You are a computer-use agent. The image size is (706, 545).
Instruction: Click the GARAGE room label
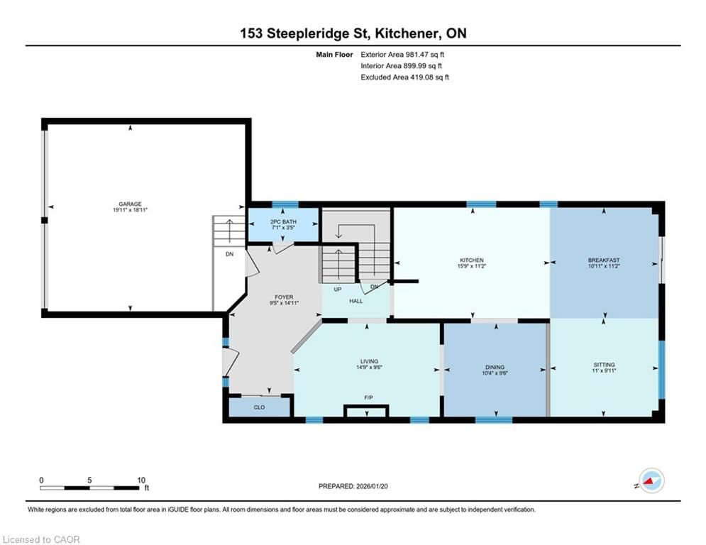[x=130, y=204]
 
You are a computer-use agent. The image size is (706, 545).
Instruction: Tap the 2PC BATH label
[x=283, y=221]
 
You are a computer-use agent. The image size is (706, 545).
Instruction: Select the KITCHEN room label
[x=471, y=260]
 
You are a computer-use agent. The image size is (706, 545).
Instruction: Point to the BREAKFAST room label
[x=604, y=260]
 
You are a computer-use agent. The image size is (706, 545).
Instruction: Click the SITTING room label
[x=604, y=365]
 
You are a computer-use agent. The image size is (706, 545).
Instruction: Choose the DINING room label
[x=495, y=367]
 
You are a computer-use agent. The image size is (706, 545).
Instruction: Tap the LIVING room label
[x=369, y=361]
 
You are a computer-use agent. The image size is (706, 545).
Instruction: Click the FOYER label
[x=284, y=297]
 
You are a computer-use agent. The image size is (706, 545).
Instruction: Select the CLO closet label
[x=260, y=407]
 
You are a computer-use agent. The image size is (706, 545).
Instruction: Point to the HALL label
[x=355, y=301]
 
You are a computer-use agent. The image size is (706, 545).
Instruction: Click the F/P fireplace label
[x=368, y=397]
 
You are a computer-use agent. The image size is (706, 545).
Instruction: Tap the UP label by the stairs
[x=338, y=289]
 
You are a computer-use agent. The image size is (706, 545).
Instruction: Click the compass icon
[x=651, y=480]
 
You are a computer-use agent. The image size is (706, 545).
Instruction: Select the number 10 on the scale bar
[x=141, y=480]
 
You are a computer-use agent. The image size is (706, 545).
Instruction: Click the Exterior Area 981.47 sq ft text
[x=402, y=55]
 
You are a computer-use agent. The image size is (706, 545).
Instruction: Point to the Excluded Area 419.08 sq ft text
[x=404, y=77]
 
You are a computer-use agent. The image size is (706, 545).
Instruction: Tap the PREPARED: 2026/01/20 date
[x=353, y=486]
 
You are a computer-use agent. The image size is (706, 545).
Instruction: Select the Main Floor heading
[x=334, y=55]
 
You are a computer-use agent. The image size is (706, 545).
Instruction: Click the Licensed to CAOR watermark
[x=41, y=539]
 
